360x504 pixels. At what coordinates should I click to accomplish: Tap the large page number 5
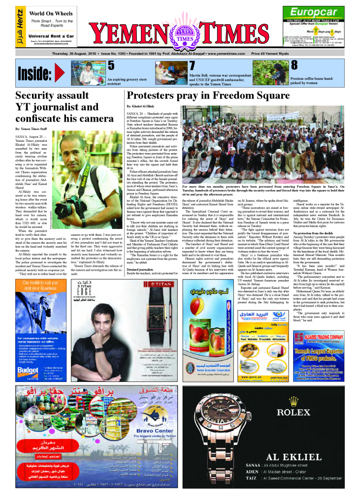111,65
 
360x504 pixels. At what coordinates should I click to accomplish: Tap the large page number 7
193,65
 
